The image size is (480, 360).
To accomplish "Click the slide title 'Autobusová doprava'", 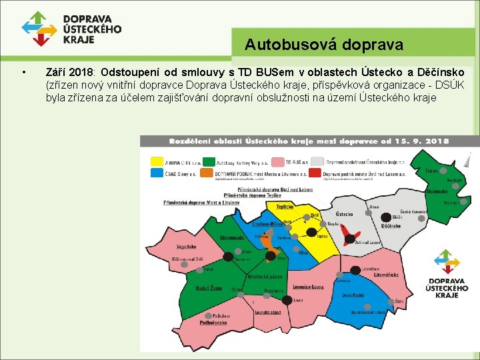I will click(x=323, y=45).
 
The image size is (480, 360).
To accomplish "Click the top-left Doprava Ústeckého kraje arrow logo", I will click(x=39, y=29).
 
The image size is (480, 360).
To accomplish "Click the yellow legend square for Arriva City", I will click(x=157, y=161).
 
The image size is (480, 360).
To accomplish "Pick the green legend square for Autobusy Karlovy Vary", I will click(x=209, y=161).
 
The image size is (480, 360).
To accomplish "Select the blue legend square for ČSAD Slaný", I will click(x=157, y=173).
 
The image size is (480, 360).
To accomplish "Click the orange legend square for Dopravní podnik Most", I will click(x=209, y=173).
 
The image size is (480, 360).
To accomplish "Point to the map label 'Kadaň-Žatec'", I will click(x=208, y=288).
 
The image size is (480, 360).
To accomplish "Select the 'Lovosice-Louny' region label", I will click(x=307, y=287).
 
